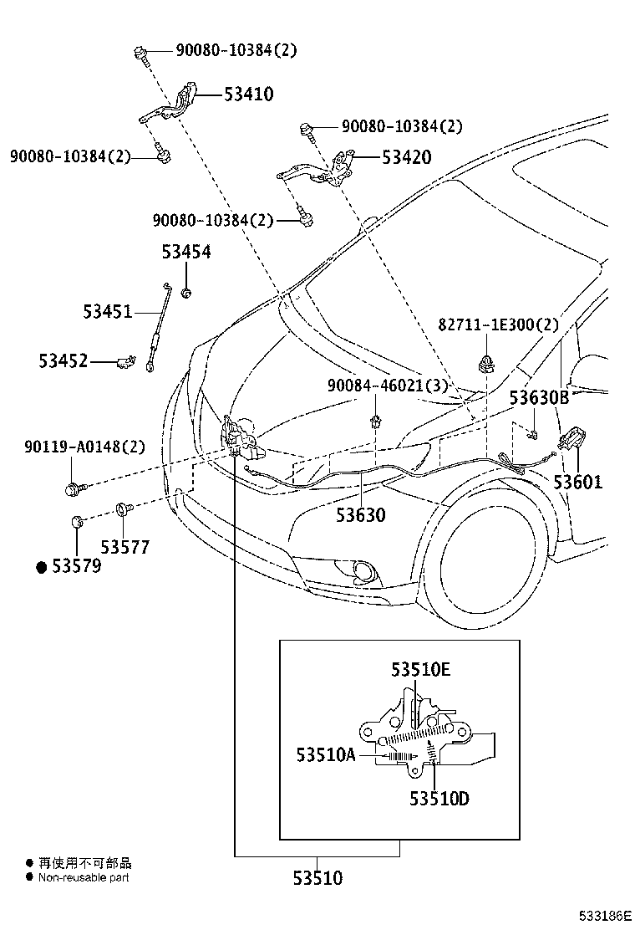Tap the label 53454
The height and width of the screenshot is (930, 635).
(x=186, y=252)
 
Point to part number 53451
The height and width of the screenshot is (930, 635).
(x=107, y=312)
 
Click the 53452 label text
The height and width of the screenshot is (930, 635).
(x=63, y=361)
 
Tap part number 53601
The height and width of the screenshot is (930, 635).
(x=577, y=483)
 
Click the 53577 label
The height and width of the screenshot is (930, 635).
(x=125, y=547)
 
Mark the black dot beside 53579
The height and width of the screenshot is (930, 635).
(x=41, y=567)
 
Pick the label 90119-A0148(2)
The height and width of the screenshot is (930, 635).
(x=73, y=447)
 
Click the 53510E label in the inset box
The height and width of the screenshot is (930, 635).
(x=420, y=669)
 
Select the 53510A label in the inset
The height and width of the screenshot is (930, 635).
(x=325, y=755)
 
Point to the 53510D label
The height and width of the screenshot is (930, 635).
(x=439, y=799)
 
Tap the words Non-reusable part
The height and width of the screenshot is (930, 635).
(x=84, y=877)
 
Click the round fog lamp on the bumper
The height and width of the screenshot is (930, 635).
(x=364, y=572)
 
